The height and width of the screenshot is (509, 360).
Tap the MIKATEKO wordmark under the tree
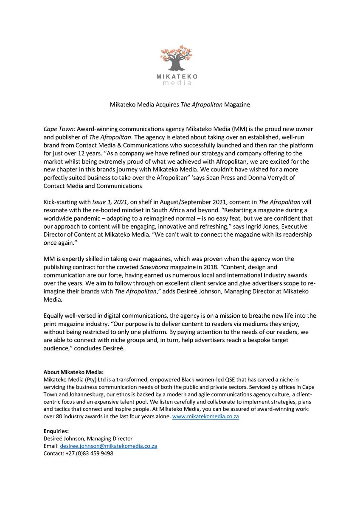[180, 76]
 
